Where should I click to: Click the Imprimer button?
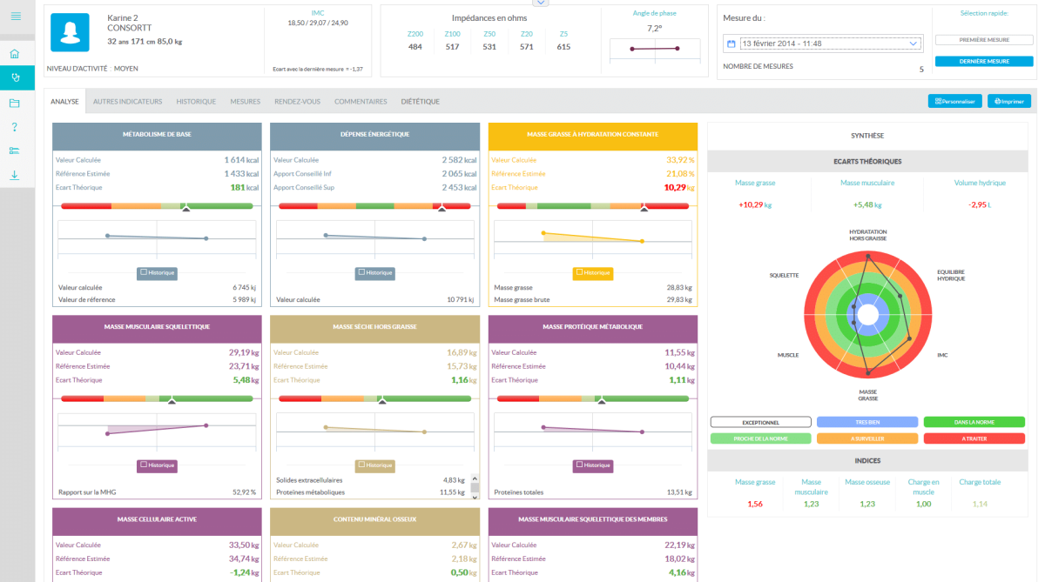pos(1008,101)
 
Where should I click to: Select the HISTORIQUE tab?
pos(196,102)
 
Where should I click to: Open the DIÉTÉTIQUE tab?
pos(420,102)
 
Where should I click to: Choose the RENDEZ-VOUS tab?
pos(297,102)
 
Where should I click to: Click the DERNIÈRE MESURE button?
pos(984,62)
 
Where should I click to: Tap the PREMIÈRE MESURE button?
pos(984,40)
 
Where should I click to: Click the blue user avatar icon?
pos(70,33)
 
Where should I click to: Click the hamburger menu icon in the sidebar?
pos(16,16)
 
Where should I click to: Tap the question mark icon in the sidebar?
pos(15,127)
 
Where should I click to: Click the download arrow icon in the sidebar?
pos(15,175)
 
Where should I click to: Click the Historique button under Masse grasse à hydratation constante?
pos(592,272)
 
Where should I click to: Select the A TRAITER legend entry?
pos(974,438)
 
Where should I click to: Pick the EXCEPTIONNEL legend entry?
pos(760,422)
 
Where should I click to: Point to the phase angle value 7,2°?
pos(654,28)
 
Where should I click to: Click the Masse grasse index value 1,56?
pos(755,504)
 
